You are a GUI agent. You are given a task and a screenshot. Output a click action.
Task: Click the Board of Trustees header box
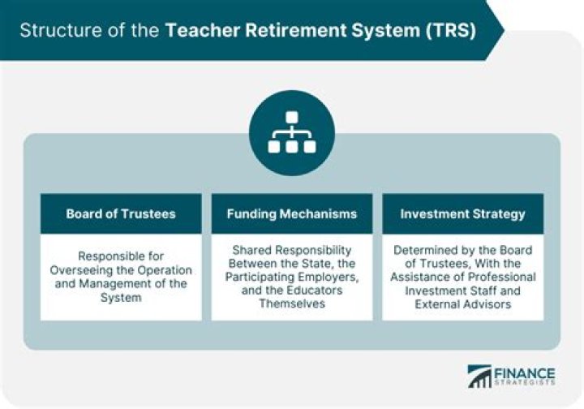[x=121, y=214]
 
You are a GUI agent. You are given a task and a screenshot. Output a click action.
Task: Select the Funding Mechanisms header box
[x=292, y=214]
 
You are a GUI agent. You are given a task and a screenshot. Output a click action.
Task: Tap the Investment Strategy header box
[x=462, y=214]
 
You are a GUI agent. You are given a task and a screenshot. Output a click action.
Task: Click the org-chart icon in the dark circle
[x=292, y=132]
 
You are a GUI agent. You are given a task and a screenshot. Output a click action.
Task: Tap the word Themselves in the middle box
[x=292, y=304]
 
